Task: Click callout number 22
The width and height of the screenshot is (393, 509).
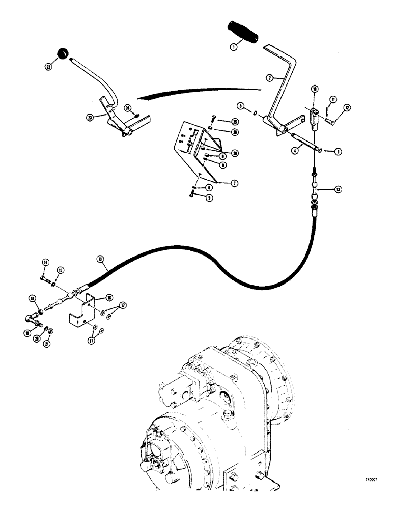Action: coord(48,66)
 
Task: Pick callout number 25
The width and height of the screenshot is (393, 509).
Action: coord(235,122)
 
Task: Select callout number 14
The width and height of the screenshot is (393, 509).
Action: coord(45,263)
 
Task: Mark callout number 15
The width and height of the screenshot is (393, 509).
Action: coord(60,270)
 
